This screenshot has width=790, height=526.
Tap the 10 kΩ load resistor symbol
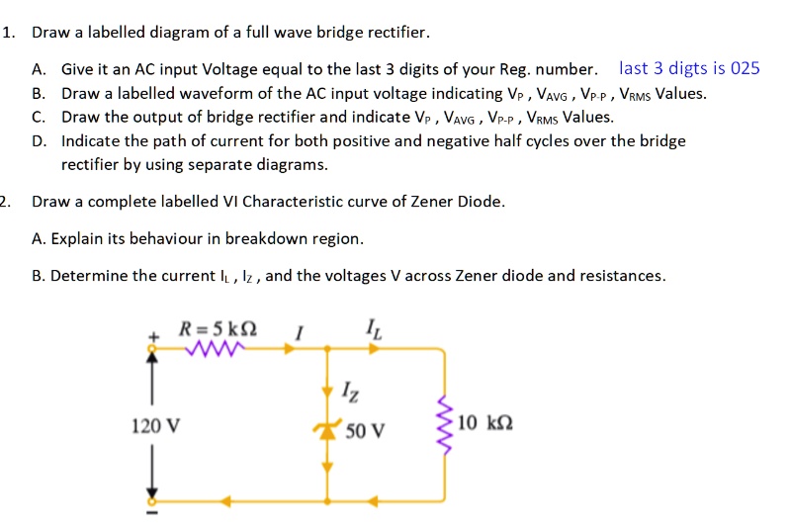443,426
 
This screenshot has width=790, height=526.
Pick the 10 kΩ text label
485,424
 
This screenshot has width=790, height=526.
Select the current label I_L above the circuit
370,326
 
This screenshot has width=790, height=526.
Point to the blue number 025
744,68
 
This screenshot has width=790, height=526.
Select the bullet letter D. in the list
39,140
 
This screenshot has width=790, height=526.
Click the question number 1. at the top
9,33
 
